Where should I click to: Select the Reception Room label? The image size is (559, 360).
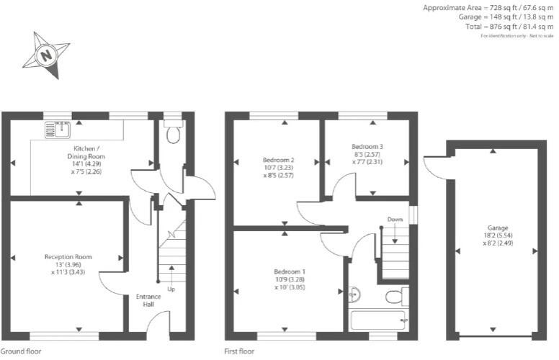pyautogui.click(x=68, y=256)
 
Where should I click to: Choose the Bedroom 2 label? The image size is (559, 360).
pyautogui.click(x=278, y=159)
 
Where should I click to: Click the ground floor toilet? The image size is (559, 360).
pyautogui.click(x=171, y=134)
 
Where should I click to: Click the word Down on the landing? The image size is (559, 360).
pyautogui.click(x=394, y=219)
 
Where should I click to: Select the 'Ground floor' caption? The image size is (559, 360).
pyautogui.click(x=21, y=352)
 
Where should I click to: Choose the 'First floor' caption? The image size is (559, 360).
pyautogui.click(x=239, y=352)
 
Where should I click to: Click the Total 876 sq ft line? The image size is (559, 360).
pyautogui.click(x=509, y=27)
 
